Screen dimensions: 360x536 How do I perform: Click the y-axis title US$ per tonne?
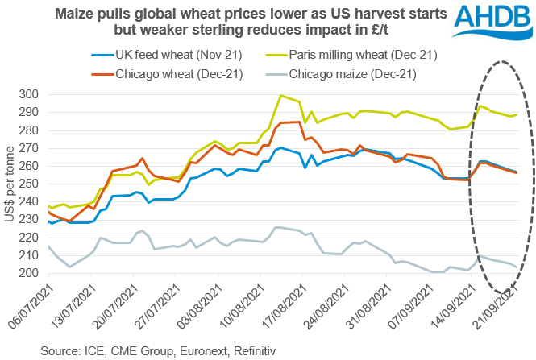pos(10,184)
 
